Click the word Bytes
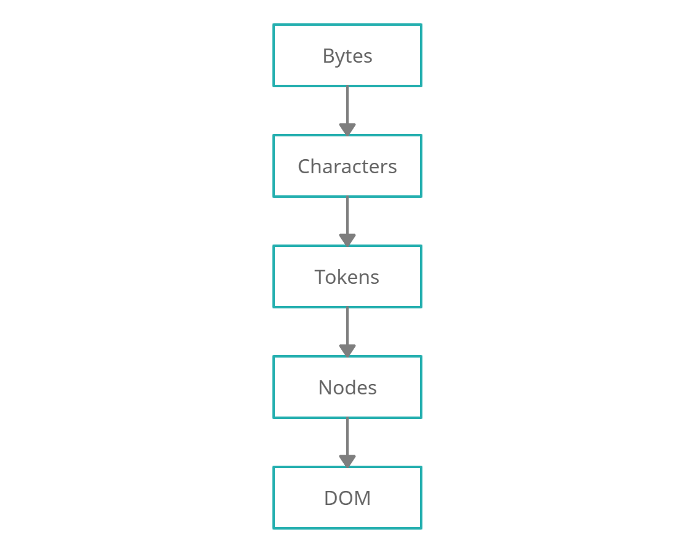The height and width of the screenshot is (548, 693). [347, 56]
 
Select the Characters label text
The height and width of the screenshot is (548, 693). [347, 166]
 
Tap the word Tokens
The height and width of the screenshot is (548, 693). [347, 277]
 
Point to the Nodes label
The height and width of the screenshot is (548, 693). [347, 388]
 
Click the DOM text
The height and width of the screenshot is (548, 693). [347, 498]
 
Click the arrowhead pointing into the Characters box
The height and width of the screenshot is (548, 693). [347, 129]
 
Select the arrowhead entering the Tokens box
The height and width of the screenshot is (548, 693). [347, 240]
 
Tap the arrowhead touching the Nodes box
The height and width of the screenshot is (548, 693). [347, 350]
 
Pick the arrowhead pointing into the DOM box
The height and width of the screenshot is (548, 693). [347, 461]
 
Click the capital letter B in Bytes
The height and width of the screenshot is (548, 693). [328, 56]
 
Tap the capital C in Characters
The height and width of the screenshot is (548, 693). [304, 166]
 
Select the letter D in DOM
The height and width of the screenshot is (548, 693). [331, 498]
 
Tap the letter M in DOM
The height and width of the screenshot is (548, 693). [363, 498]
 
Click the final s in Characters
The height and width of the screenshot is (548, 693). [393, 168]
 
